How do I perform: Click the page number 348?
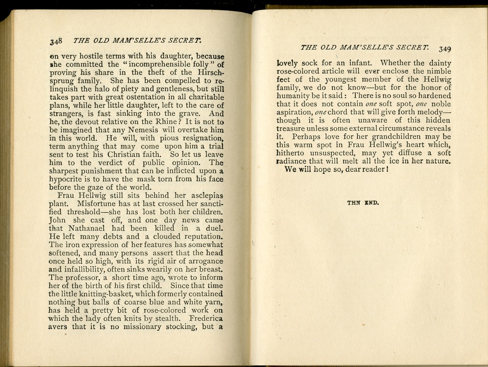pyautogui.click(x=57, y=41)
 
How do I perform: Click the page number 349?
pyautogui.click(x=445, y=48)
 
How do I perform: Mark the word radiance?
pyautogui.click(x=295, y=161)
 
